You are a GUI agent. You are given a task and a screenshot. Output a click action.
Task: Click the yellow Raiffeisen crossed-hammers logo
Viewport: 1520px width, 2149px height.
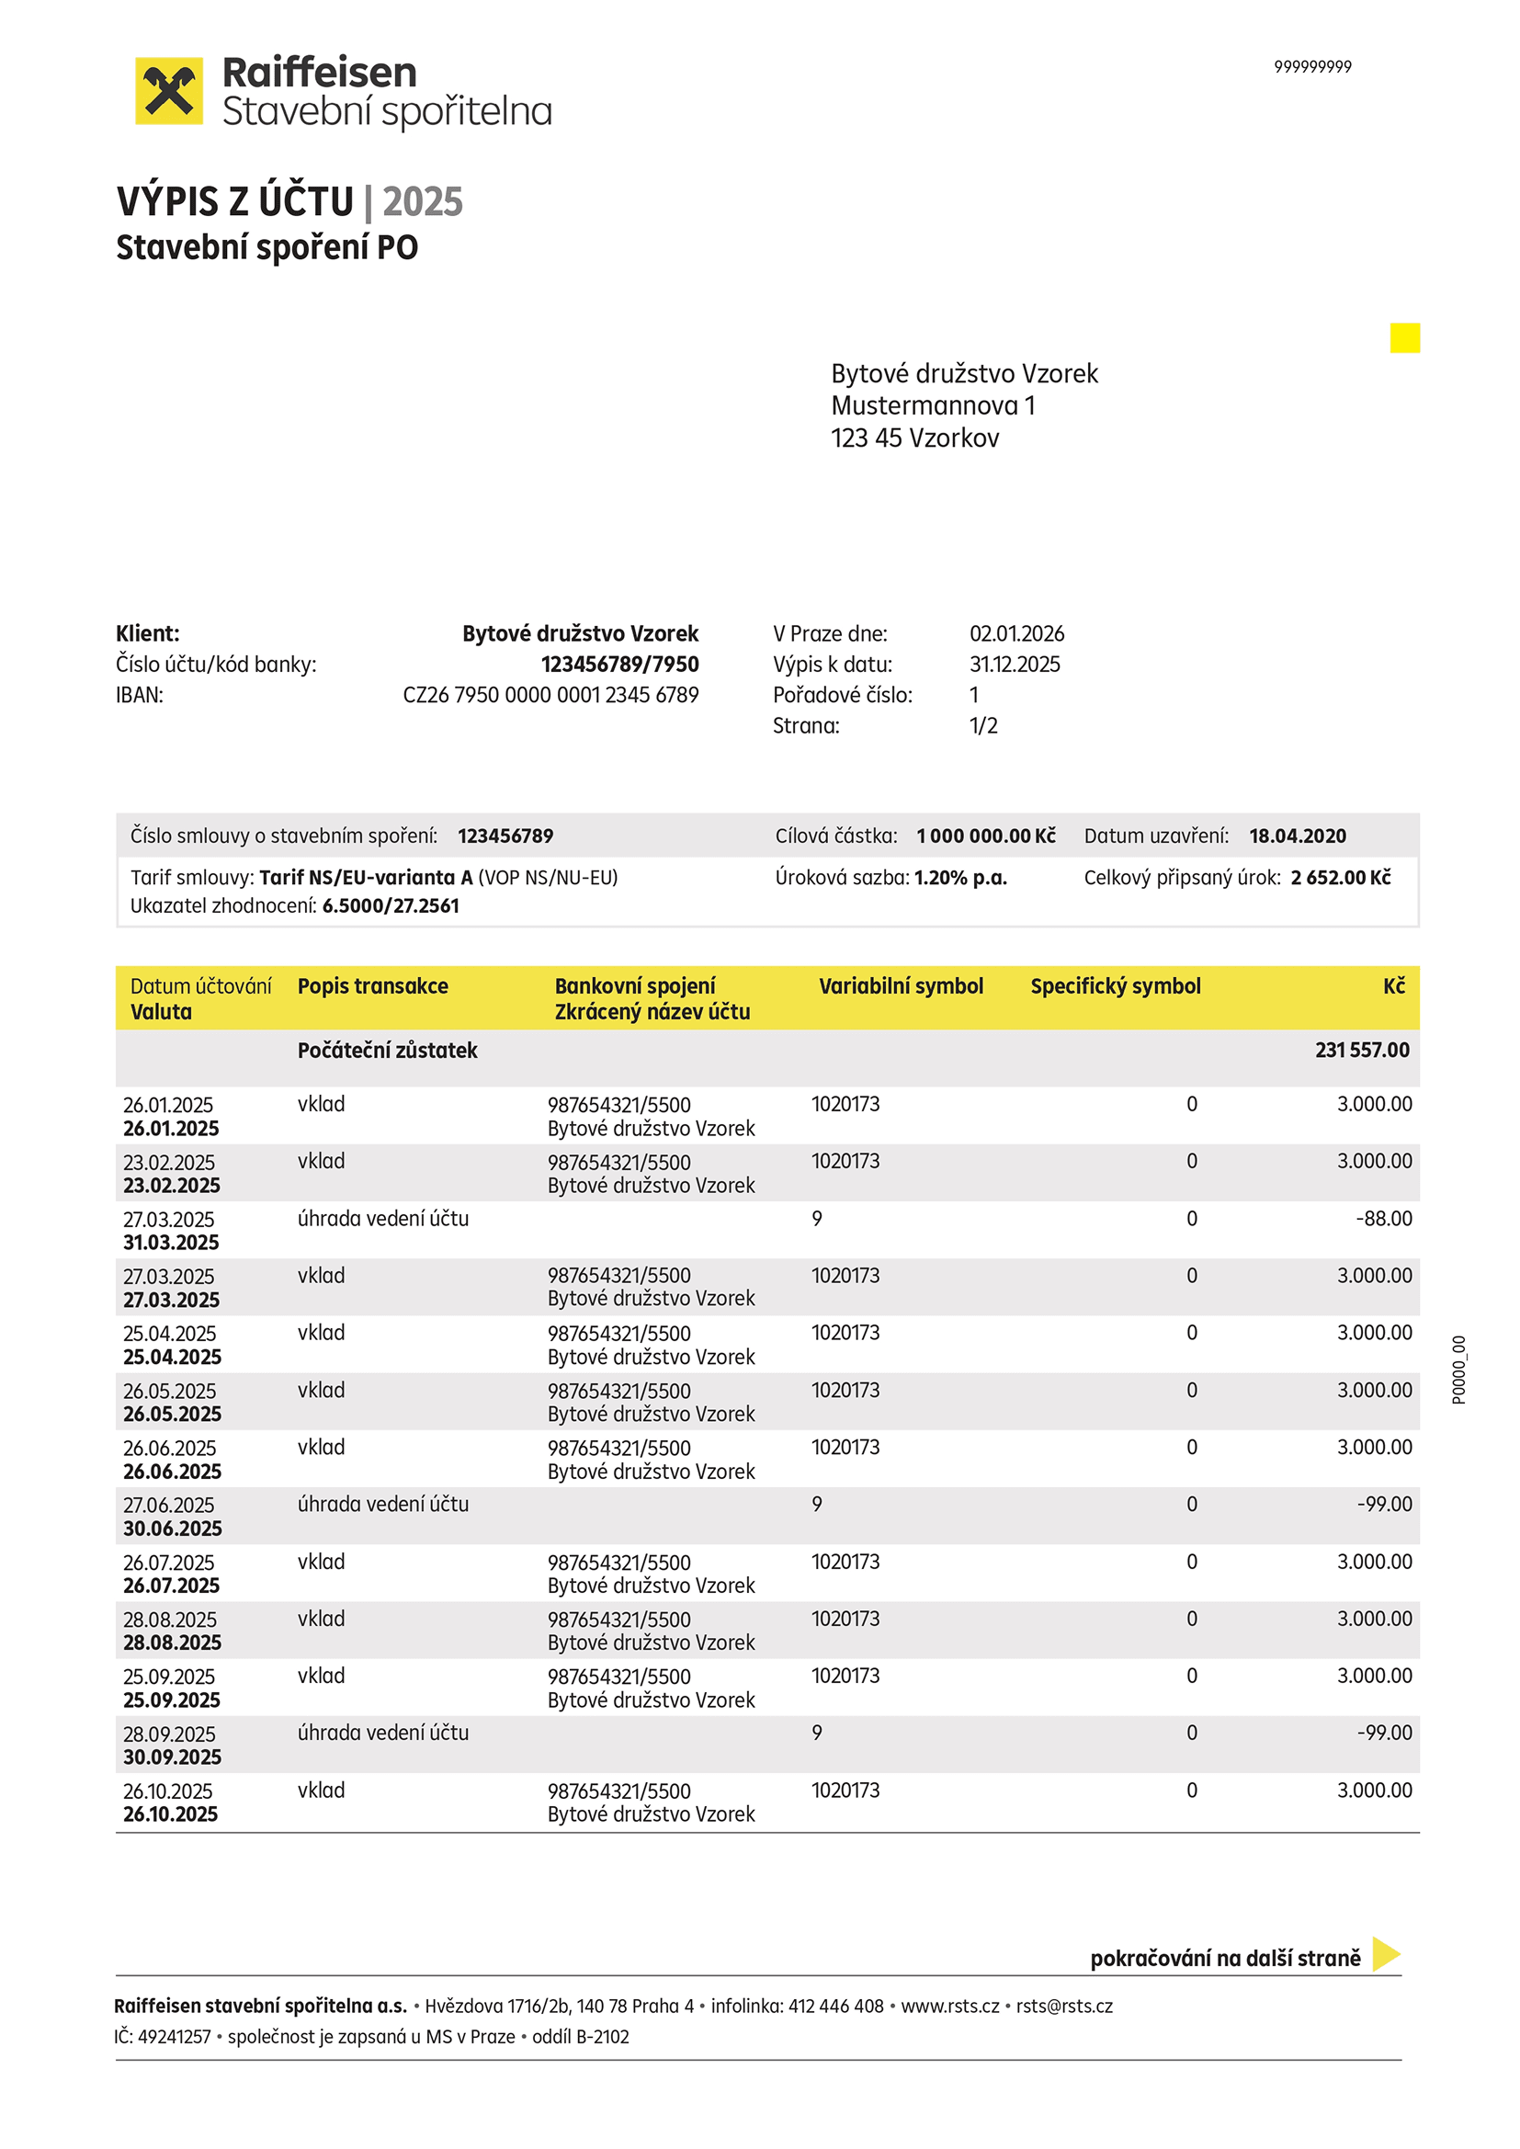(x=168, y=91)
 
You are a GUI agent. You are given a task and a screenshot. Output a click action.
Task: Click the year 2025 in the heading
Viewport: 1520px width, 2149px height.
(x=423, y=202)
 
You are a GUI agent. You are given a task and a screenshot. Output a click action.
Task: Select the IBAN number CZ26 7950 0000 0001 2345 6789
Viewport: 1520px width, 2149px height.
(x=550, y=696)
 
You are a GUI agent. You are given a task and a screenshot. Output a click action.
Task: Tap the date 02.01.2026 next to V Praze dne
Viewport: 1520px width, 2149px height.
(x=1016, y=633)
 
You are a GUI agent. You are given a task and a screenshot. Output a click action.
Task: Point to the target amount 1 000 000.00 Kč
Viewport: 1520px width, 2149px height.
(x=985, y=836)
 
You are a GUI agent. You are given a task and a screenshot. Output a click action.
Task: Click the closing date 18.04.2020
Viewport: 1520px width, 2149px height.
(x=1298, y=836)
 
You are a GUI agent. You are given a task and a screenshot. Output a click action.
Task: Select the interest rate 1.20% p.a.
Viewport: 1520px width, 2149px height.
(x=960, y=878)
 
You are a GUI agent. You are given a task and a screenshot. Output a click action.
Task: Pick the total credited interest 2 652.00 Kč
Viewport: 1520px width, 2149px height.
(x=1340, y=878)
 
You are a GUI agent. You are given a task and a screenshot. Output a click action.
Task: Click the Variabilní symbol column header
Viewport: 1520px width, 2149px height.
(x=901, y=986)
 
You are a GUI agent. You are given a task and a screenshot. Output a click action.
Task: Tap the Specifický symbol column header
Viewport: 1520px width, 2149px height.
(x=1115, y=986)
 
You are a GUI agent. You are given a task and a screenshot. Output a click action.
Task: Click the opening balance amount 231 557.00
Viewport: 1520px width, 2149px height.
(x=1362, y=1051)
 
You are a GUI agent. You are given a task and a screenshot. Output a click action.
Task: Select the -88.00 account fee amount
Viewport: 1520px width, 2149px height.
(x=1383, y=1219)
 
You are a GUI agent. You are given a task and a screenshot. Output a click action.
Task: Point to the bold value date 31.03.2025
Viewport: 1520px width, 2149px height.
(x=171, y=1243)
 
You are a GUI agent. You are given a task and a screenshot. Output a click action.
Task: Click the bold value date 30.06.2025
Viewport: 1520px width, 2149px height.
(x=173, y=1529)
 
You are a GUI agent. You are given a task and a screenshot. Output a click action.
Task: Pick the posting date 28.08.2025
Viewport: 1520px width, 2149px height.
(x=169, y=1620)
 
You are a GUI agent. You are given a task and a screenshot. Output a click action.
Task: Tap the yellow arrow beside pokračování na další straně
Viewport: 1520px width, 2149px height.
(x=1385, y=1954)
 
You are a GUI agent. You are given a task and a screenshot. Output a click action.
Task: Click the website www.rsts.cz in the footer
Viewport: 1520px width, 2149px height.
(x=950, y=2006)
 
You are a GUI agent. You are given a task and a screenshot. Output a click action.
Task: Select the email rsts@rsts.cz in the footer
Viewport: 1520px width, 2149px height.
(x=1064, y=2006)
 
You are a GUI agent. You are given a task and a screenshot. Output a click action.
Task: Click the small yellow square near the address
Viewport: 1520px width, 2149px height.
(x=1405, y=338)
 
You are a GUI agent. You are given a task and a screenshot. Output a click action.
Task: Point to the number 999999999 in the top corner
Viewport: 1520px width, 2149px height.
(x=1312, y=66)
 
